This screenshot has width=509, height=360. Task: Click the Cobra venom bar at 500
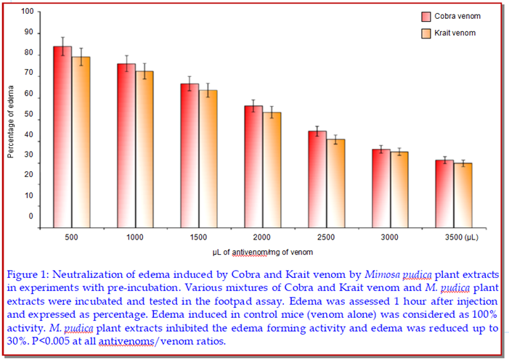[x=62, y=138]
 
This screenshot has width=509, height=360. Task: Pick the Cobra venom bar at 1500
[x=189, y=156]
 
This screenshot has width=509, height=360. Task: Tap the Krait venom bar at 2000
[x=272, y=171]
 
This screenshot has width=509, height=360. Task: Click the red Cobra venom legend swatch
[x=427, y=17]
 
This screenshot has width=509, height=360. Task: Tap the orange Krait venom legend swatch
[x=427, y=33]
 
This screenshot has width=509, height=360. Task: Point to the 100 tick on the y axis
[x=27, y=12]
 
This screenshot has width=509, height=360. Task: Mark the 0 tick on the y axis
[x=30, y=216]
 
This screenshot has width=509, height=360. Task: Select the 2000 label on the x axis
[x=262, y=238]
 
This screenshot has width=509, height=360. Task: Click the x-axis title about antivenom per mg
[x=262, y=252]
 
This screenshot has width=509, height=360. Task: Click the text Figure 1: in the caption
[x=29, y=275]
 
